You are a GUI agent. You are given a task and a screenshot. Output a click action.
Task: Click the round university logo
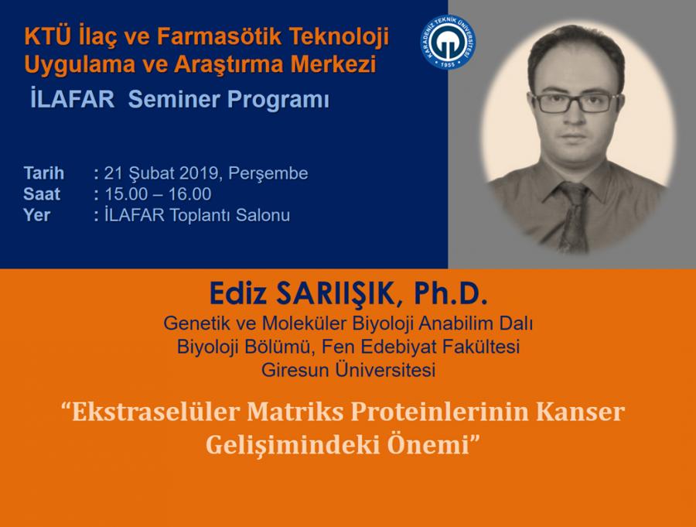click(448, 43)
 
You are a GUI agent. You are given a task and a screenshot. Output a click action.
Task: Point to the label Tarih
click(44, 173)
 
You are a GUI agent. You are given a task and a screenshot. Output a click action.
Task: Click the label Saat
click(42, 194)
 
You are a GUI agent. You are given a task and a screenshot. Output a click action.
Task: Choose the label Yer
click(37, 215)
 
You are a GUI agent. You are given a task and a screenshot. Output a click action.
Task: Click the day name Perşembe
click(268, 173)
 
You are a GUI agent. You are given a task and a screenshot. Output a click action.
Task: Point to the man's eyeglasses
click(575, 102)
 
